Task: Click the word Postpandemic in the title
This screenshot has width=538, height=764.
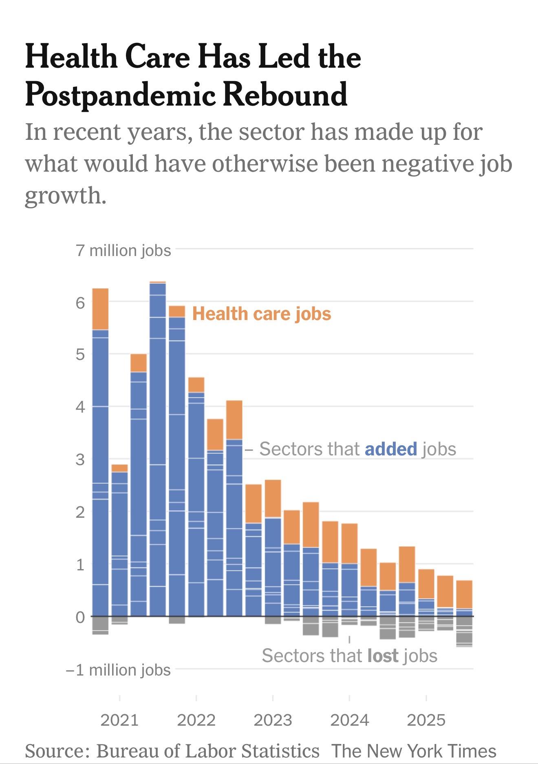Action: coord(121,95)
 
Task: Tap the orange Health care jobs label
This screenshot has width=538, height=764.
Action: coord(261,314)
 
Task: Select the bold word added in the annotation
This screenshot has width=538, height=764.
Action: coord(391,449)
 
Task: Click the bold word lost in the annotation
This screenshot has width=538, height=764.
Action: coord(383,656)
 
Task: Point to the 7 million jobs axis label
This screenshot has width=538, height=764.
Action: coord(123,250)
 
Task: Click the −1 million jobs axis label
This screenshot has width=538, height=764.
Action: coord(118,670)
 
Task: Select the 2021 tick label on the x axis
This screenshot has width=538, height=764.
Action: coord(119,720)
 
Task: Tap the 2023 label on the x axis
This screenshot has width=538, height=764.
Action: coord(273,720)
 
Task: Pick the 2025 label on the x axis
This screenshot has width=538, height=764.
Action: coord(426,720)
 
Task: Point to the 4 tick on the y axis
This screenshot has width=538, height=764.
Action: coord(80,407)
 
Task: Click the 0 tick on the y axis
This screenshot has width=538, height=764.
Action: coord(80,617)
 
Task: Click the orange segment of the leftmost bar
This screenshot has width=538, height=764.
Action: coord(100,309)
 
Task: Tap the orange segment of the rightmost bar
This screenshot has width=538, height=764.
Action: coord(464,594)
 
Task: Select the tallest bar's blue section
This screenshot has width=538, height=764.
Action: coord(158,448)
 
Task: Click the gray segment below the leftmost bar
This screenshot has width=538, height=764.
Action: coord(100,625)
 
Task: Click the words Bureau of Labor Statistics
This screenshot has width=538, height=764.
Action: coord(208,751)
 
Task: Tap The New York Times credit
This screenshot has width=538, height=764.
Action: coord(414,751)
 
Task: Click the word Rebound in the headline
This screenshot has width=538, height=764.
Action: coord(285,95)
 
